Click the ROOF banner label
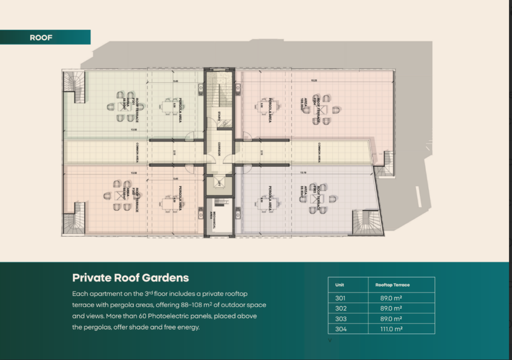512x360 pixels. tap(41, 37)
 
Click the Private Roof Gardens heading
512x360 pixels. tap(130, 278)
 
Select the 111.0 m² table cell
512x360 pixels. tap(391, 329)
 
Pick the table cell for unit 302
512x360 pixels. tap(341, 308)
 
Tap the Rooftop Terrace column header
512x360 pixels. tap(392, 285)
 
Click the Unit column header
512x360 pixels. tap(339, 285)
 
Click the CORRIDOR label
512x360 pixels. tap(219, 152)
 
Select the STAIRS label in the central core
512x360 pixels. tap(220, 116)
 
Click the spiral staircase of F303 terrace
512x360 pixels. tap(367, 222)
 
